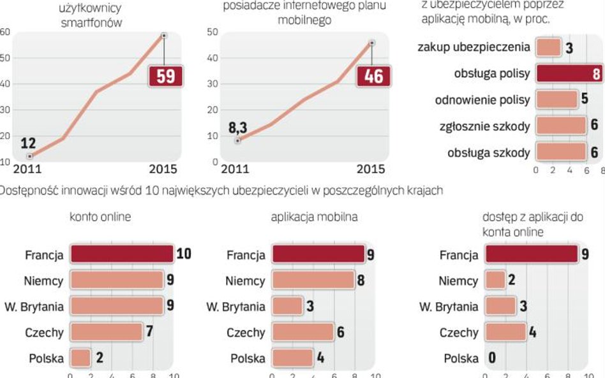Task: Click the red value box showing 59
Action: tap(166, 76)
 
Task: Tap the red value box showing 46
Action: tap(373, 76)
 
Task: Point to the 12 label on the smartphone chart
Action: tap(29, 143)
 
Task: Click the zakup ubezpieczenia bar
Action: tap(548, 47)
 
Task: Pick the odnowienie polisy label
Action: tap(482, 100)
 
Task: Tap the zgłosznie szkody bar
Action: tap(560, 126)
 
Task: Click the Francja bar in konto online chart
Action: tap(121, 254)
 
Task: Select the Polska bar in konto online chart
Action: tap(80, 358)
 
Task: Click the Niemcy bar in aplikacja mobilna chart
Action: tap(313, 280)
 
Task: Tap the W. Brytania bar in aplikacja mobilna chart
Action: tap(287, 306)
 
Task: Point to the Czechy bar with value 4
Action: tap(505, 332)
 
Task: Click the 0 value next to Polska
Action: tap(492, 358)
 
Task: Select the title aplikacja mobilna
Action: tap(314, 217)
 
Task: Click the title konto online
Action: tap(100, 217)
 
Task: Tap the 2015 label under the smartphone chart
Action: tap(163, 169)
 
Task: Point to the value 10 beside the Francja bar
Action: tap(183, 254)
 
